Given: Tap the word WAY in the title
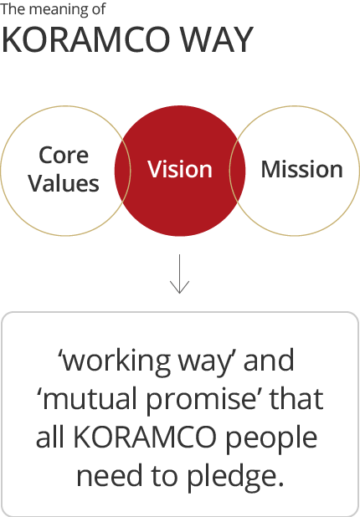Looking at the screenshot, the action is tap(218, 40).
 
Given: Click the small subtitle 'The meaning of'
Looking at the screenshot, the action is tap(53, 9).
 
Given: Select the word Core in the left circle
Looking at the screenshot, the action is tap(64, 155).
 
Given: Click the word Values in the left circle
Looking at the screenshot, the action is tap(64, 183).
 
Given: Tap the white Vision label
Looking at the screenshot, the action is tap(180, 169).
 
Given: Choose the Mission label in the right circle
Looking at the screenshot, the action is tap(302, 169).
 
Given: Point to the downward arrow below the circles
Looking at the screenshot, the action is tap(179, 274).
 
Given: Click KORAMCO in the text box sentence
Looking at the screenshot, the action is tap(145, 438).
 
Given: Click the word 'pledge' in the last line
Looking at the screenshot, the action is tap(235, 478).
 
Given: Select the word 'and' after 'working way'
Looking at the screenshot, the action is tap(269, 360).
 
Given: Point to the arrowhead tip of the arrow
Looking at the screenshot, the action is tap(179, 293).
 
